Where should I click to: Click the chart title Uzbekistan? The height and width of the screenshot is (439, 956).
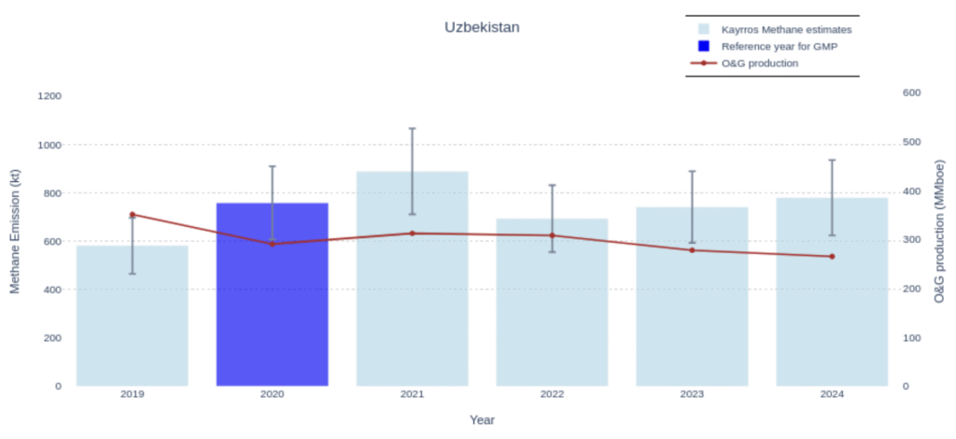pos(482,27)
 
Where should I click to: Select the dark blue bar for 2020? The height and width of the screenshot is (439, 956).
pos(272,299)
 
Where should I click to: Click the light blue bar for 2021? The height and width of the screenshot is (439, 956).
pos(412,299)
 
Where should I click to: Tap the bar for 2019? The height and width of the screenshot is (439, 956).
pos(132,318)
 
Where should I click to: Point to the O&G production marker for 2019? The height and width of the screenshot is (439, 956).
pos(132,215)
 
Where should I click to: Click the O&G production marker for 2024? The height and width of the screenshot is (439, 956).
pos(832,256)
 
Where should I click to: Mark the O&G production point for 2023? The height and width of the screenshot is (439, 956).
pos(692,249)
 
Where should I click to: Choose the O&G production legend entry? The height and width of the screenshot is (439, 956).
pos(759,64)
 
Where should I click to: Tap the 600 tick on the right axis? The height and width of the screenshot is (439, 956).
pos(912,92)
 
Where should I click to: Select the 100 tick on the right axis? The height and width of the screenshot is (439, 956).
pos(912,337)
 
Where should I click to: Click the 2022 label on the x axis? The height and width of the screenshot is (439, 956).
pos(552,394)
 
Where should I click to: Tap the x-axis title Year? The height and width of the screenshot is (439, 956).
pos(482,419)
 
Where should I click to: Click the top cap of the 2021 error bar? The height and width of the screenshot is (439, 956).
pos(412,128)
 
